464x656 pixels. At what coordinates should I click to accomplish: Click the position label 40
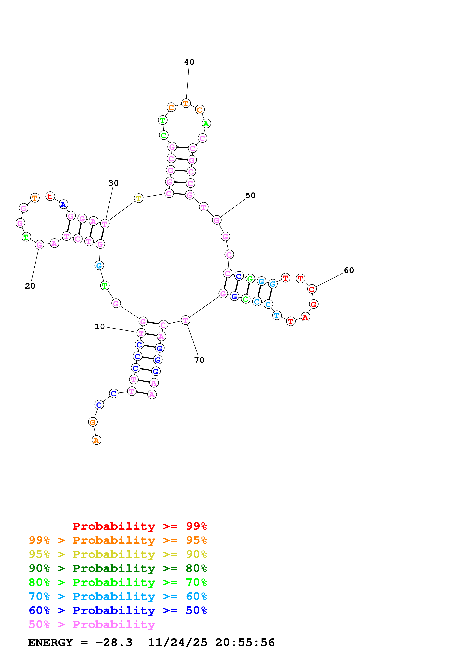click(x=189, y=62)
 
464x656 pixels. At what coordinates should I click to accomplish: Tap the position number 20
click(x=30, y=286)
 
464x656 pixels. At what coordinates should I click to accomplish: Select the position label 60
click(x=349, y=270)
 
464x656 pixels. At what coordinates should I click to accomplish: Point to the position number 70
click(x=199, y=360)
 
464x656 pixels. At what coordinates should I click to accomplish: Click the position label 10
click(x=100, y=327)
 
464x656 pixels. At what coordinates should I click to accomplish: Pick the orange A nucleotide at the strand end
click(x=96, y=440)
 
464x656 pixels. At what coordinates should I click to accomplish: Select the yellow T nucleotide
click(x=138, y=198)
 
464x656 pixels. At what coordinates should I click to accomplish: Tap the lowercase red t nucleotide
click(x=50, y=196)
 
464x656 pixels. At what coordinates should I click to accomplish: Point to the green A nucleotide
click(x=206, y=124)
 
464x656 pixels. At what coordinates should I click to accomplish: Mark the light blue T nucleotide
click(x=277, y=315)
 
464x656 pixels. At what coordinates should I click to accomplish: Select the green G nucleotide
click(x=250, y=279)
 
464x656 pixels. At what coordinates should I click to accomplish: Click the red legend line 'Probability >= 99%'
click(x=139, y=526)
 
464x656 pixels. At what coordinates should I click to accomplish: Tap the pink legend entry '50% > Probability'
click(x=92, y=625)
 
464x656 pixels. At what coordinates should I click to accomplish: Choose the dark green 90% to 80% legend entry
click(x=118, y=568)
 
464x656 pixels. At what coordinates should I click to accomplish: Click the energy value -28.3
click(x=114, y=643)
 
